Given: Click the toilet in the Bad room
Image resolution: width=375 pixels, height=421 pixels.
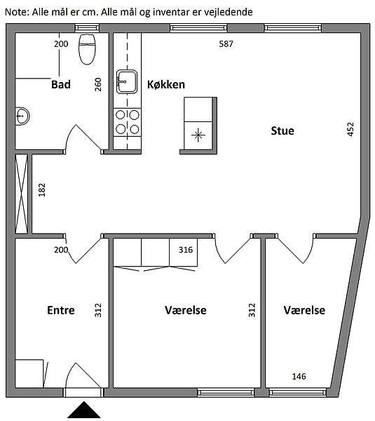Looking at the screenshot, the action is coord(87,49).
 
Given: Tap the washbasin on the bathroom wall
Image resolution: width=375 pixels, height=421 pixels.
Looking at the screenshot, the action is coord(22,116).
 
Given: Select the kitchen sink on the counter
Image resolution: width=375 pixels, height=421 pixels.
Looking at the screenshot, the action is coord(127,81).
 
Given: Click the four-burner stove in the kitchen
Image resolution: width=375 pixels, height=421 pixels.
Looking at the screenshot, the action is coord(127,122).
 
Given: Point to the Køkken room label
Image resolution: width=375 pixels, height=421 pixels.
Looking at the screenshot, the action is coord(166,85).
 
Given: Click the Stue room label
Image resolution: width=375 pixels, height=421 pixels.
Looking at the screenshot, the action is coord(282,131).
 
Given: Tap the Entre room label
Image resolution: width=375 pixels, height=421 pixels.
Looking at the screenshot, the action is coord(61,310).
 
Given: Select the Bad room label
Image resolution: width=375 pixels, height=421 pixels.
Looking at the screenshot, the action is coord(61,85).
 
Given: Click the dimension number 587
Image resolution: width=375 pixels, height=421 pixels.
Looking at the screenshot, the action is coord(226,44).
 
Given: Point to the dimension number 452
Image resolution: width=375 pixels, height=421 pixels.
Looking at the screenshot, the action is coord(350,129).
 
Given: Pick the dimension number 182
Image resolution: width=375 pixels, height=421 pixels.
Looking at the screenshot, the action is coord(42,190).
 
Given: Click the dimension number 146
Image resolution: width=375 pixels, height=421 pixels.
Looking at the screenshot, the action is coord(299,376).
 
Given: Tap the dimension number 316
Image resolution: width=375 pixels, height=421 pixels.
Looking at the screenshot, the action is coord(186,250).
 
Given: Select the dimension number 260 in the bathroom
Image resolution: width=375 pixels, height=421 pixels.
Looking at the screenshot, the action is coord(98,85).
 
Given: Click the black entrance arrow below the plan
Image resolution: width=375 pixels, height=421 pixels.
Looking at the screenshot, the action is coord(84,410).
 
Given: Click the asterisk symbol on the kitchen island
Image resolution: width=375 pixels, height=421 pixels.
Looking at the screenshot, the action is coord(198,135).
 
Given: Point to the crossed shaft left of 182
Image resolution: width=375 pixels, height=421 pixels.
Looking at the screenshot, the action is coord(22,194).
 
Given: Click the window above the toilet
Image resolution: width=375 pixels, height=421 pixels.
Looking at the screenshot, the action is coord(87,28).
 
